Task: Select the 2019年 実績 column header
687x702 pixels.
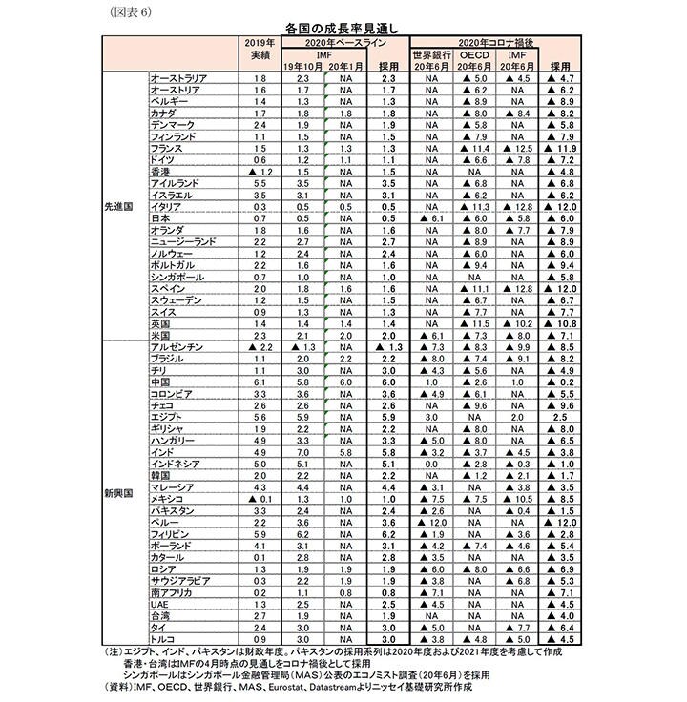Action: pyautogui.click(x=260, y=50)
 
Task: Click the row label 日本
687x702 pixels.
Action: pyautogui.click(x=161, y=217)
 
